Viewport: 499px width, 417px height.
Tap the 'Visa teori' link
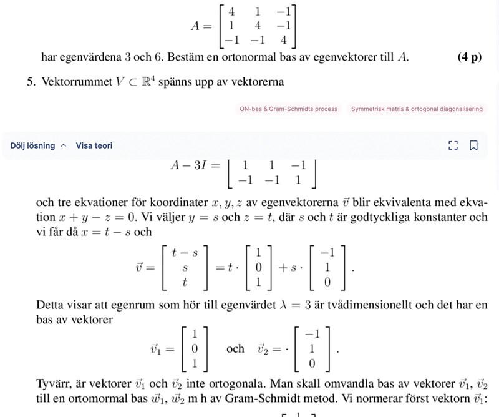pos(94,145)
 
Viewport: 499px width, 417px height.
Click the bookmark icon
pos(473,145)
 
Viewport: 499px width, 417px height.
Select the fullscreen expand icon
pos(453,145)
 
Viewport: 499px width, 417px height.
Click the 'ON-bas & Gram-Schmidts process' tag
pos(288,109)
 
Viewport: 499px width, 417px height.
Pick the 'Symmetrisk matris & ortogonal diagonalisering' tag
pos(417,109)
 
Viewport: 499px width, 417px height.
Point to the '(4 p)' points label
pos(469,57)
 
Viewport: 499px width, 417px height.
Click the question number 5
pos(30,82)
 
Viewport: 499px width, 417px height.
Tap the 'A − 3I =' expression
pos(195,165)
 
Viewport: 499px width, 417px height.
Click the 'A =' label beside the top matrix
pos(201,26)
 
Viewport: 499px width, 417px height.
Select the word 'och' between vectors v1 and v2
pos(235,348)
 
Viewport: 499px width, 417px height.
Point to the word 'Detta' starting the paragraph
pos(49,305)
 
